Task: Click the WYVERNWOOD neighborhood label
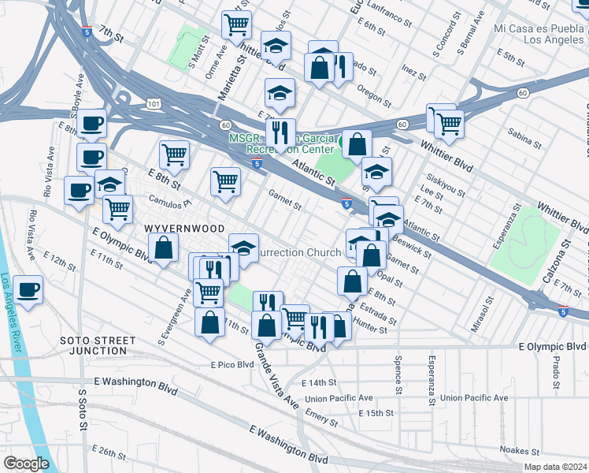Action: pos(176,227)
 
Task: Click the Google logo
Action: pos(26,464)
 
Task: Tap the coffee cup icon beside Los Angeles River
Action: pos(28,290)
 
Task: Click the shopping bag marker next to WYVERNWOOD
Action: pos(163,249)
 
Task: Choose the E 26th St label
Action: pos(107,453)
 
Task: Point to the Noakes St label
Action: pos(521,451)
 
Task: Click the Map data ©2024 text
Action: pos(555,467)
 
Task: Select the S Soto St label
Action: pos(82,407)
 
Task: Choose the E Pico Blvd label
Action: pos(232,364)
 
